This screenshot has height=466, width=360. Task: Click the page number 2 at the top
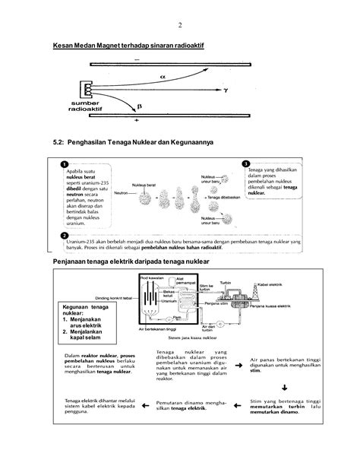[x=180, y=24]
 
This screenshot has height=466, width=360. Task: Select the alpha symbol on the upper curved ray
[x=162, y=76]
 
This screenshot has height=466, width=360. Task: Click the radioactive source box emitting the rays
[x=88, y=90]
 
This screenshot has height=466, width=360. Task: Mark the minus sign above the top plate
[x=137, y=59]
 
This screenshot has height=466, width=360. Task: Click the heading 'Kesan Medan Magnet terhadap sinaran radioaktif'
[x=129, y=46]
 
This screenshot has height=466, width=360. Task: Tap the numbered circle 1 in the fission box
[x=65, y=164]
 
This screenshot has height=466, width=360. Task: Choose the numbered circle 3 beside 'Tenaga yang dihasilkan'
[x=245, y=163]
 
